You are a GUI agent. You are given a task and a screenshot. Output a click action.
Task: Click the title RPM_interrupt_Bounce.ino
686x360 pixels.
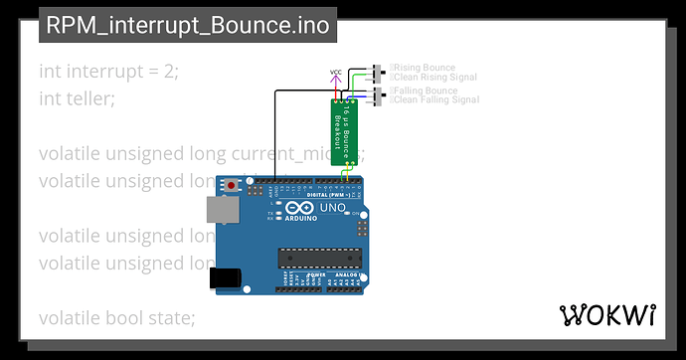tap(188, 25)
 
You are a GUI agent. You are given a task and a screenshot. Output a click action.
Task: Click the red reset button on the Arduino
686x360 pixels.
tap(233, 185)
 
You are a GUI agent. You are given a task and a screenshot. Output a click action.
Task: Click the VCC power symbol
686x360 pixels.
tap(335, 75)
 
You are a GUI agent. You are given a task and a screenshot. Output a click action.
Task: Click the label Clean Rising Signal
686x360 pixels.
tap(434, 78)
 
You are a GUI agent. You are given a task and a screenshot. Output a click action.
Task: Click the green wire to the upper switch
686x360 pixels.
tap(360, 79)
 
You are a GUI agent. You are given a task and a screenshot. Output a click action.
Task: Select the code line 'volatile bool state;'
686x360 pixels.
tap(116, 318)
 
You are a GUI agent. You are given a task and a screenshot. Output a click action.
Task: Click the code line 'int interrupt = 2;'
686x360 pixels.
tap(108, 72)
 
